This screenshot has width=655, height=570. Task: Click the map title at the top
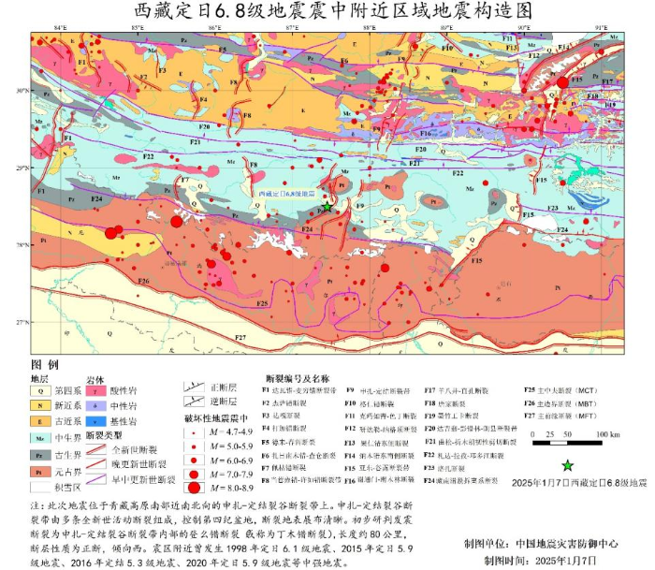point(327,12)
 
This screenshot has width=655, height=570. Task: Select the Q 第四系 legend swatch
point(40,391)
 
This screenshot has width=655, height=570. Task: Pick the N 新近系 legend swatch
point(40,406)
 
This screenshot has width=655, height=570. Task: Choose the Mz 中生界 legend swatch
point(40,437)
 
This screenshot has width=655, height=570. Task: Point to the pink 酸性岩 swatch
point(94,391)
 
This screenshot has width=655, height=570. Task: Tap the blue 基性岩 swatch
point(94,421)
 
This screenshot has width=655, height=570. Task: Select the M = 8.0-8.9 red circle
point(194,487)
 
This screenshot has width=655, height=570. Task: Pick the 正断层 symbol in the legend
point(192,385)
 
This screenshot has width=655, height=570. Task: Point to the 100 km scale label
point(606,434)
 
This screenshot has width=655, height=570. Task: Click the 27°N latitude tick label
point(21,322)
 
